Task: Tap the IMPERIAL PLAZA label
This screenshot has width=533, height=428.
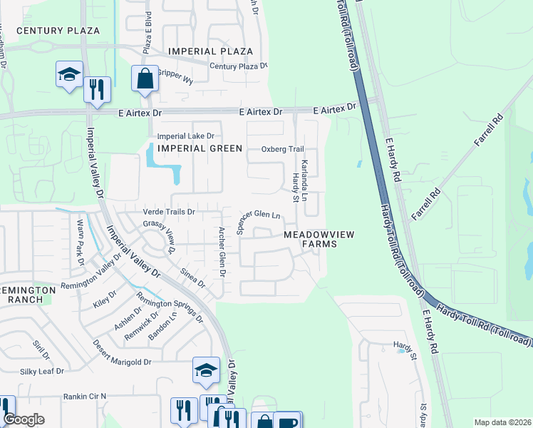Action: click(210, 51)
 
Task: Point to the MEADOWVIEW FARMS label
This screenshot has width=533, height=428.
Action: click(319, 239)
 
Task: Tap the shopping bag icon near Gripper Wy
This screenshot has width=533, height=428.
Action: click(145, 80)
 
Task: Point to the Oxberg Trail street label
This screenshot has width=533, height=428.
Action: click(282, 149)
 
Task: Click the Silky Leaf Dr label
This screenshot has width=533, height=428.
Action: click(41, 372)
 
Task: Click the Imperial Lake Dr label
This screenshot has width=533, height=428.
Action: click(185, 136)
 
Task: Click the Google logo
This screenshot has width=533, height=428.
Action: click(24, 420)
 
